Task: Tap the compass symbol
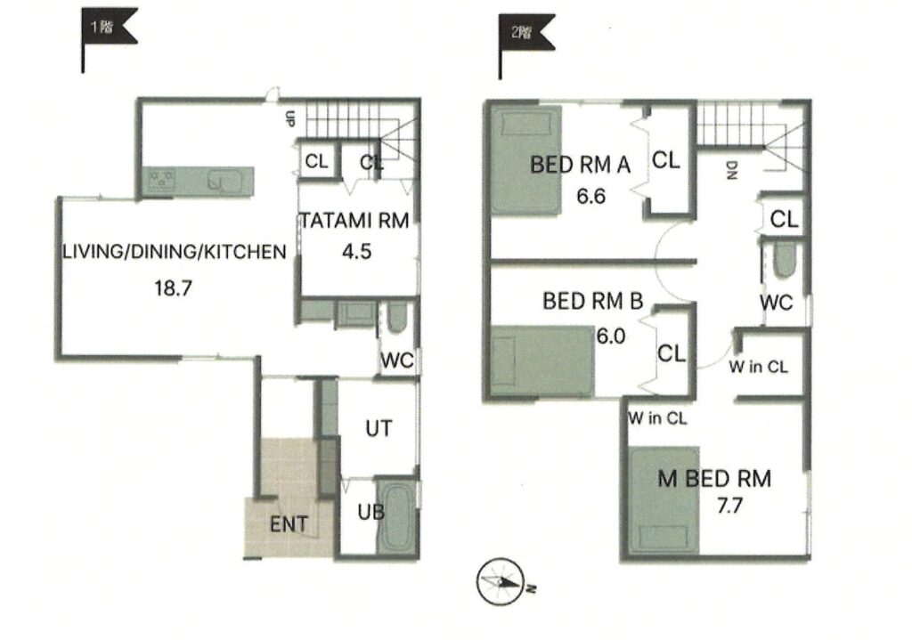coord(501,582)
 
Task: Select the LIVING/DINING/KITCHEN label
coord(174,252)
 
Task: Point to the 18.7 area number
coord(174,288)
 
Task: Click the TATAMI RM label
coord(354,221)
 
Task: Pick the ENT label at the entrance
coord(289,524)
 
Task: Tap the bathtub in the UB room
coord(396,516)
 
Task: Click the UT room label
coord(379,428)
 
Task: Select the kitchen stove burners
coord(161,180)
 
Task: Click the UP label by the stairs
coord(289,118)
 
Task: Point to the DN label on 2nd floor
coord(731,170)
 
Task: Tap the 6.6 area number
coord(591,197)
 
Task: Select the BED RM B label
coord(592,301)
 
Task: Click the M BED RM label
coord(714,478)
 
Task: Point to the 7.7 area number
coord(729,506)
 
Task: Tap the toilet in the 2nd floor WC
coord(785,260)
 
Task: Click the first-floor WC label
coord(396,361)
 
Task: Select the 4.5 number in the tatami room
coord(356,252)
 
